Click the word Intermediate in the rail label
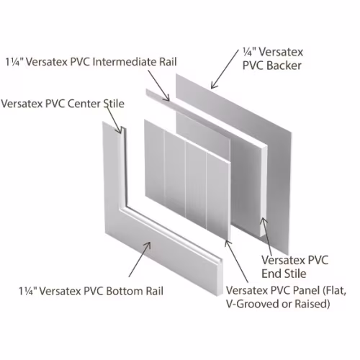(x=125, y=62)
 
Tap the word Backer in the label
(x=284, y=66)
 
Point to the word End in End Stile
(x=270, y=274)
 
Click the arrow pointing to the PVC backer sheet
(x=225, y=69)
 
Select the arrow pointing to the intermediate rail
(x=159, y=86)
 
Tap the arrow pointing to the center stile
(x=114, y=119)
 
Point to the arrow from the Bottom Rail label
(x=140, y=259)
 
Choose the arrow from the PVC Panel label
(x=236, y=261)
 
